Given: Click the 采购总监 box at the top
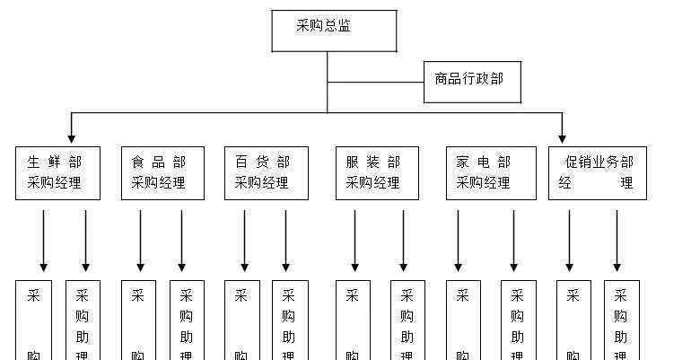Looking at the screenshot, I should click(x=334, y=31).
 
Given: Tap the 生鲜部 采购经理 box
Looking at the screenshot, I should click(x=57, y=172).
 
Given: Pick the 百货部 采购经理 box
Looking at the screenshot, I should click(x=266, y=172).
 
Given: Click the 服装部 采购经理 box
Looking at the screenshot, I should click(x=377, y=172).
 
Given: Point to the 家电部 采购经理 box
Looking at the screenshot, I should click(x=486, y=172).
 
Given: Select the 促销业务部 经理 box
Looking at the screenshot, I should click(x=598, y=172).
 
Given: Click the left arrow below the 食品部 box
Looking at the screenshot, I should click(x=140, y=240).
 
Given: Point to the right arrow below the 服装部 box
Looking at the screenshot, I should click(x=403, y=240).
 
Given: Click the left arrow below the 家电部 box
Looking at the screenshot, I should click(x=458, y=240).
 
